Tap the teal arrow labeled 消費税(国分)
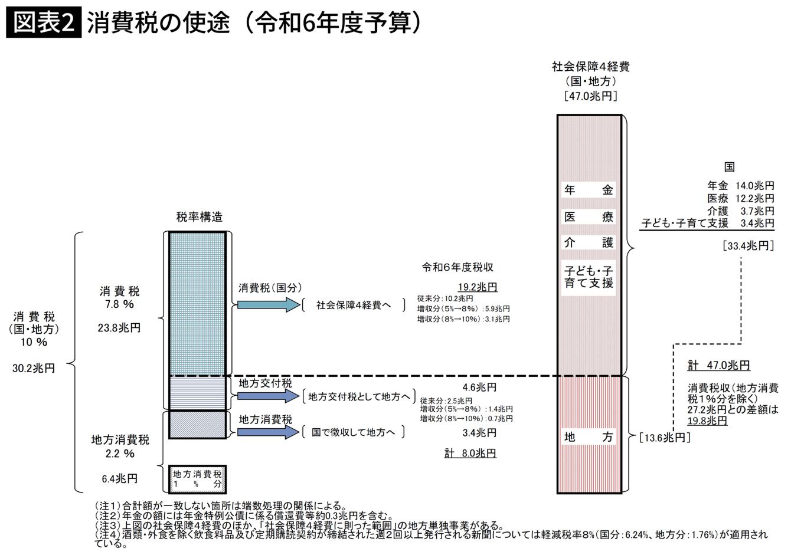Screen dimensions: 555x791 (269, 304)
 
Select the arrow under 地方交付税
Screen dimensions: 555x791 (269, 396)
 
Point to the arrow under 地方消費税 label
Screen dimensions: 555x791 (269, 432)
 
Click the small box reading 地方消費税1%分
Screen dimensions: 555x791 (197, 478)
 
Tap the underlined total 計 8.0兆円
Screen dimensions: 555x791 (470, 453)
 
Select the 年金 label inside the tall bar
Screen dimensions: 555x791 (589, 190)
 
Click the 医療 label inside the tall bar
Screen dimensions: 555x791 (589, 216)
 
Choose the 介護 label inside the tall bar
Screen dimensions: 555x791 (589, 242)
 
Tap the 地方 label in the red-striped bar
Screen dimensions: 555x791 (589, 437)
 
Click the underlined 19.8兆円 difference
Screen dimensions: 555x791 (707, 421)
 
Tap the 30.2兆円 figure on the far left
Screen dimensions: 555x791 (34, 368)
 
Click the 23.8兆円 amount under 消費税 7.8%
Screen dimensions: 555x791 (119, 328)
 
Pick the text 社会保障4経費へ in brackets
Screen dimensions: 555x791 (353, 305)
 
